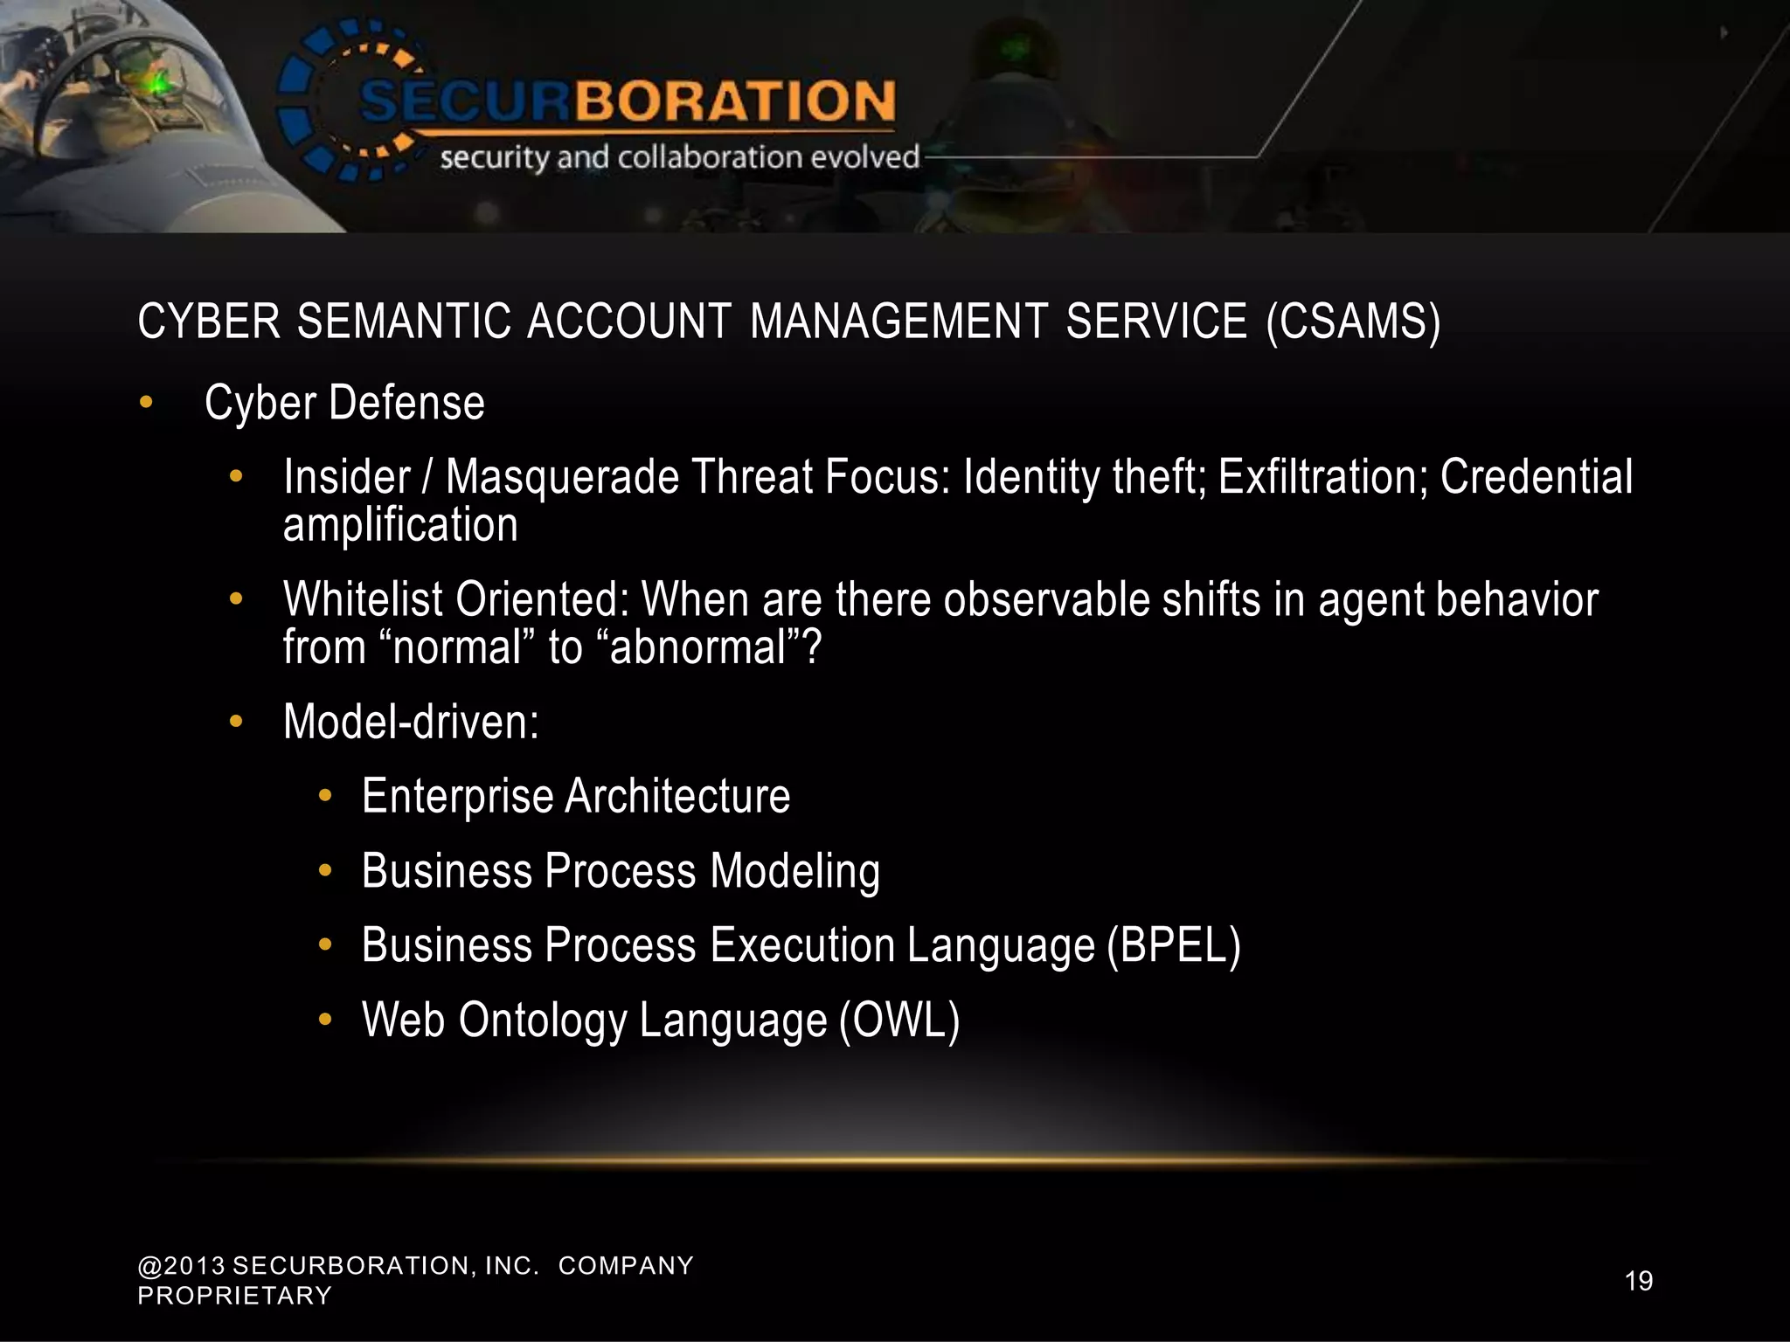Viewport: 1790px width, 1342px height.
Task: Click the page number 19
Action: tap(1639, 1281)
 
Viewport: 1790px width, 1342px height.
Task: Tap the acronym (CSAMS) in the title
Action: tap(1353, 322)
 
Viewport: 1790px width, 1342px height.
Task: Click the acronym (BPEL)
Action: tap(1173, 946)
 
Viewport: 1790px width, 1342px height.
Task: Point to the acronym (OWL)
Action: tap(899, 1020)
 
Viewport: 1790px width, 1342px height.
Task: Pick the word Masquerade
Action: tap(562, 478)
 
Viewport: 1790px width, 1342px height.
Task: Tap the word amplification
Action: tap(400, 525)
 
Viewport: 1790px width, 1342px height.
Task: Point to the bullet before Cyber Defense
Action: tap(146, 403)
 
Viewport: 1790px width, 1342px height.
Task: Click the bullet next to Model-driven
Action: tap(234, 723)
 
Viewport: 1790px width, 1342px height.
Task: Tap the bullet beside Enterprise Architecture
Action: tap(325, 796)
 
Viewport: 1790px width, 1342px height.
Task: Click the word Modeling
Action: tap(794, 872)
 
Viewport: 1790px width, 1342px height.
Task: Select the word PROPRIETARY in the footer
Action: tap(234, 1296)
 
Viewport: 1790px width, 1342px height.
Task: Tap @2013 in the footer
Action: tap(181, 1266)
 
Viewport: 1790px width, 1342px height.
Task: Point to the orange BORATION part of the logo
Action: tap(734, 100)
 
